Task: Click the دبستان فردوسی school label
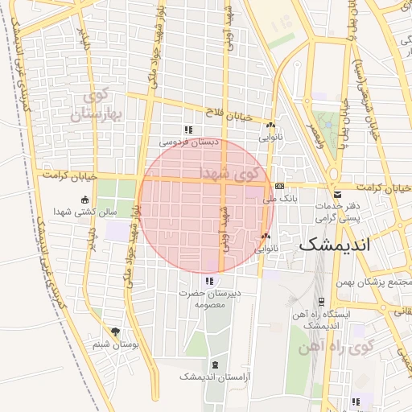[187, 142]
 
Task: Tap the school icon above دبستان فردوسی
[187, 130]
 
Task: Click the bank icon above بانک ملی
[279, 185]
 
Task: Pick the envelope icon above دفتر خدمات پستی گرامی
[336, 194]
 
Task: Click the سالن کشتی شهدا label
[84, 212]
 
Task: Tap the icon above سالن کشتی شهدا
[85, 200]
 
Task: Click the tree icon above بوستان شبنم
[116, 331]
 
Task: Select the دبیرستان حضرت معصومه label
[212, 299]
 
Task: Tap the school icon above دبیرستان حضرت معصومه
[209, 281]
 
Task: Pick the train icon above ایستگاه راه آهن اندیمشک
[321, 301]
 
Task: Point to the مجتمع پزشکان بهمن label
[377, 282]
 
